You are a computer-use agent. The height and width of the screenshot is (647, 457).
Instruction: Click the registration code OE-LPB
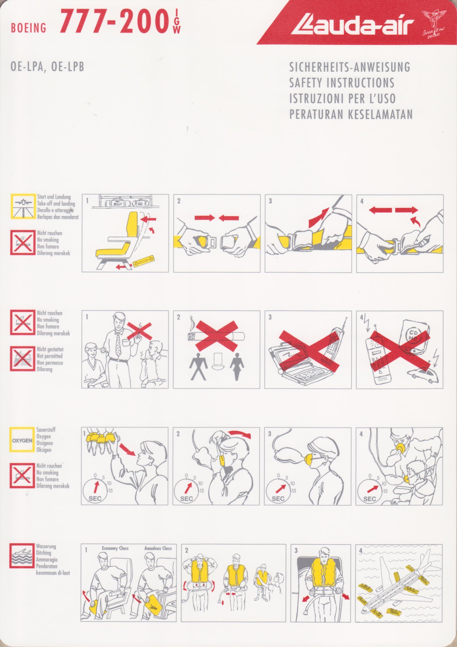point(68,68)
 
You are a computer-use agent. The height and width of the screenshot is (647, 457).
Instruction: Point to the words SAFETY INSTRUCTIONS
point(342,83)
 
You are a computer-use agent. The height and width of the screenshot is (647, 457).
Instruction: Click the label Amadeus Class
point(158,548)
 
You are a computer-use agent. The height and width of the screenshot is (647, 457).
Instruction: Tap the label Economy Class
point(115,548)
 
